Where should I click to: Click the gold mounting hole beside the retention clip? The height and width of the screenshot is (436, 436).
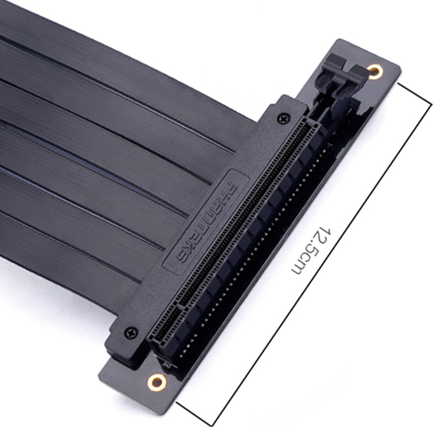pos(375,71)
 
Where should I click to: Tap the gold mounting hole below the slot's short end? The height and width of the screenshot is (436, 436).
pos(156,381)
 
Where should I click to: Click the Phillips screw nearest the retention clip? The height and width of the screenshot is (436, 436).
pos(283,117)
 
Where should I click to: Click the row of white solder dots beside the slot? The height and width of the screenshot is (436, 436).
pos(256,240)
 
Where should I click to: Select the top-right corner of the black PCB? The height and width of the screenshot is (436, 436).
pos(400,68)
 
